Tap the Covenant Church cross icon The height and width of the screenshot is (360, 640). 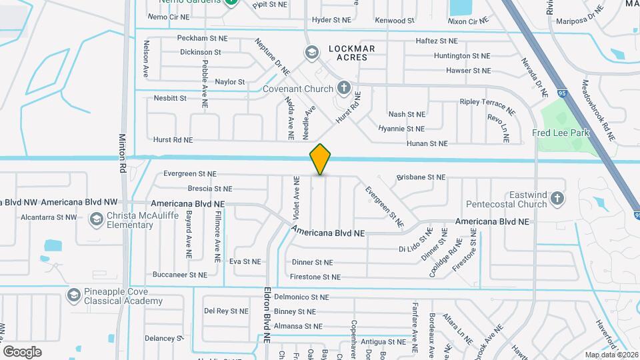click(x=343, y=87)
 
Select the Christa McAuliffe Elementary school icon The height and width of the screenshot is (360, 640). click(x=97, y=219)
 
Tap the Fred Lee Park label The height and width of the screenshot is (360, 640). click(x=561, y=133)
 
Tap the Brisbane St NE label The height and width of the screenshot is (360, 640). click(x=421, y=177)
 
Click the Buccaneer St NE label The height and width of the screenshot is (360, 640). click(x=179, y=275)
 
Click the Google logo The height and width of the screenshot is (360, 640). click(x=22, y=351)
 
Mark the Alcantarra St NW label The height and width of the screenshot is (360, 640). click(x=49, y=217)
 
